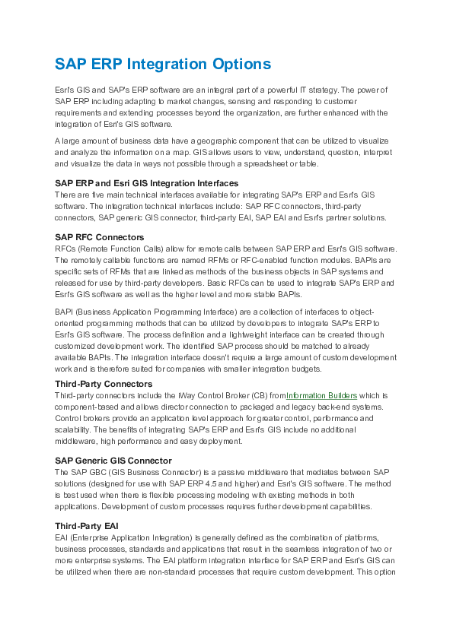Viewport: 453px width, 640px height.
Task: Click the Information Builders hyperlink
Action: pos(322,395)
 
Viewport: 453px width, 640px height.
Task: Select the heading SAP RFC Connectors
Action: pos(100,238)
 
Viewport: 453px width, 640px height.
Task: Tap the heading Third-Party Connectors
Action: pos(104,385)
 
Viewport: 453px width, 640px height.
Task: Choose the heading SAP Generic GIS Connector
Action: pos(113,461)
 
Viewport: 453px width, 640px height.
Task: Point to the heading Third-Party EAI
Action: pos(85,526)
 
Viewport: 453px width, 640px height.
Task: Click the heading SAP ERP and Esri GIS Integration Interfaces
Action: pos(147,183)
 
